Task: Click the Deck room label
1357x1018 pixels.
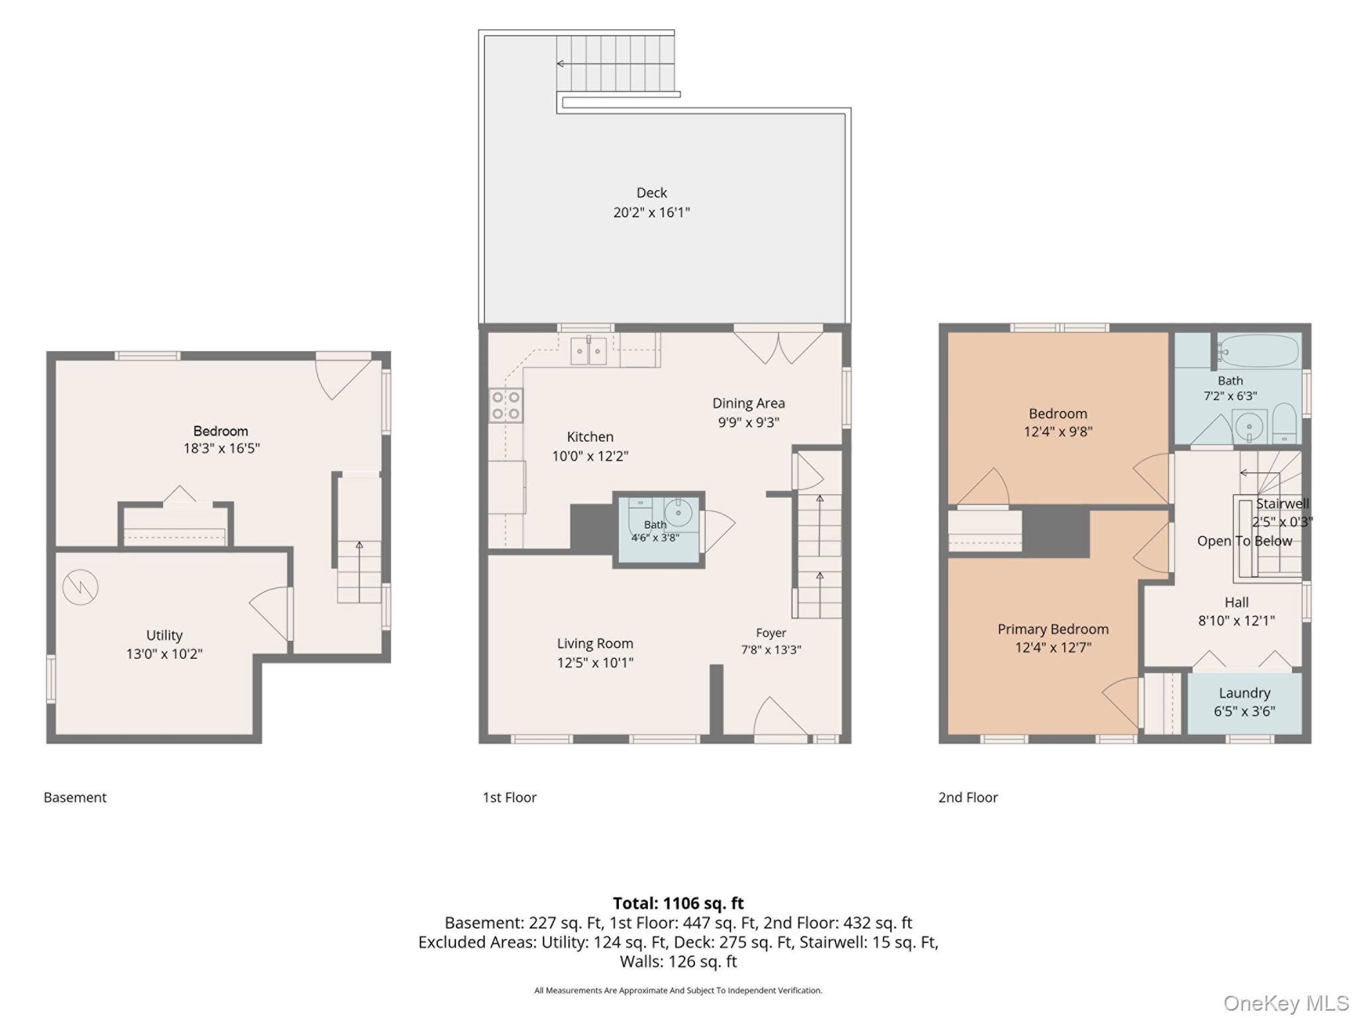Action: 651,193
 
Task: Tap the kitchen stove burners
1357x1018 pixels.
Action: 506,406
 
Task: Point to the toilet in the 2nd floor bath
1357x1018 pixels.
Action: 1284,424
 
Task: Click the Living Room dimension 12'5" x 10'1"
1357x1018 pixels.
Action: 595,662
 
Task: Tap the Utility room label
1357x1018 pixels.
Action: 164,636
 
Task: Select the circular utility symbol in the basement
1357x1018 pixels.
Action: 80,587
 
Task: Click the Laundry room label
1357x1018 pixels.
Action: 1244,693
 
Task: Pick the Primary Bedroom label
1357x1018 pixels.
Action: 1053,630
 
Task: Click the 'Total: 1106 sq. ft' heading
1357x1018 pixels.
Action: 678,903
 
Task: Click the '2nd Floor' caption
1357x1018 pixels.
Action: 967,797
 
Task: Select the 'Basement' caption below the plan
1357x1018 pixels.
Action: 75,797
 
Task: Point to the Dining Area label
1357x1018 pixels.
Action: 748,403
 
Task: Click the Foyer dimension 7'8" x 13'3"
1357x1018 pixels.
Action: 771,650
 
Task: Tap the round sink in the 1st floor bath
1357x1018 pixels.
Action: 678,512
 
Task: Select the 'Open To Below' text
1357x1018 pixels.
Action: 1244,541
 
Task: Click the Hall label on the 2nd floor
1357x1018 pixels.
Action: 1236,602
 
